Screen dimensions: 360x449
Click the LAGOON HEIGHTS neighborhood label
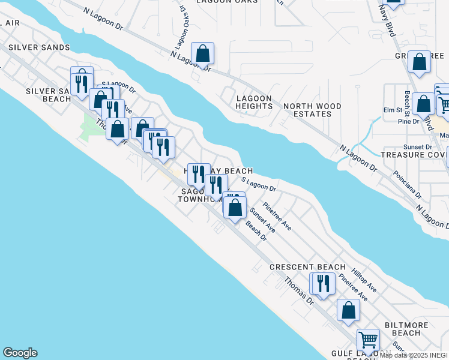(254, 102)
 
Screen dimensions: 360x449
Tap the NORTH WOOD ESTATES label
(312, 110)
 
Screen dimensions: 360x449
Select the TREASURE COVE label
(415, 154)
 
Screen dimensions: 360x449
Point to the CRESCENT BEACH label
(307, 267)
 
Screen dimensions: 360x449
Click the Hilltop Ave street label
(364, 280)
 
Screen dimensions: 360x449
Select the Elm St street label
(393, 110)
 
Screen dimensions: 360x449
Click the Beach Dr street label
(256, 233)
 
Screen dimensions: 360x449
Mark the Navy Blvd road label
(387, 22)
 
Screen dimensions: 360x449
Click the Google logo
(20, 353)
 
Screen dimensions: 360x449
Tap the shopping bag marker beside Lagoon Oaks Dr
(203, 53)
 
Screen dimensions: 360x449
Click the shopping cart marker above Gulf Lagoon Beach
(368, 340)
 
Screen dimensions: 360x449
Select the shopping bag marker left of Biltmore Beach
(348, 310)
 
